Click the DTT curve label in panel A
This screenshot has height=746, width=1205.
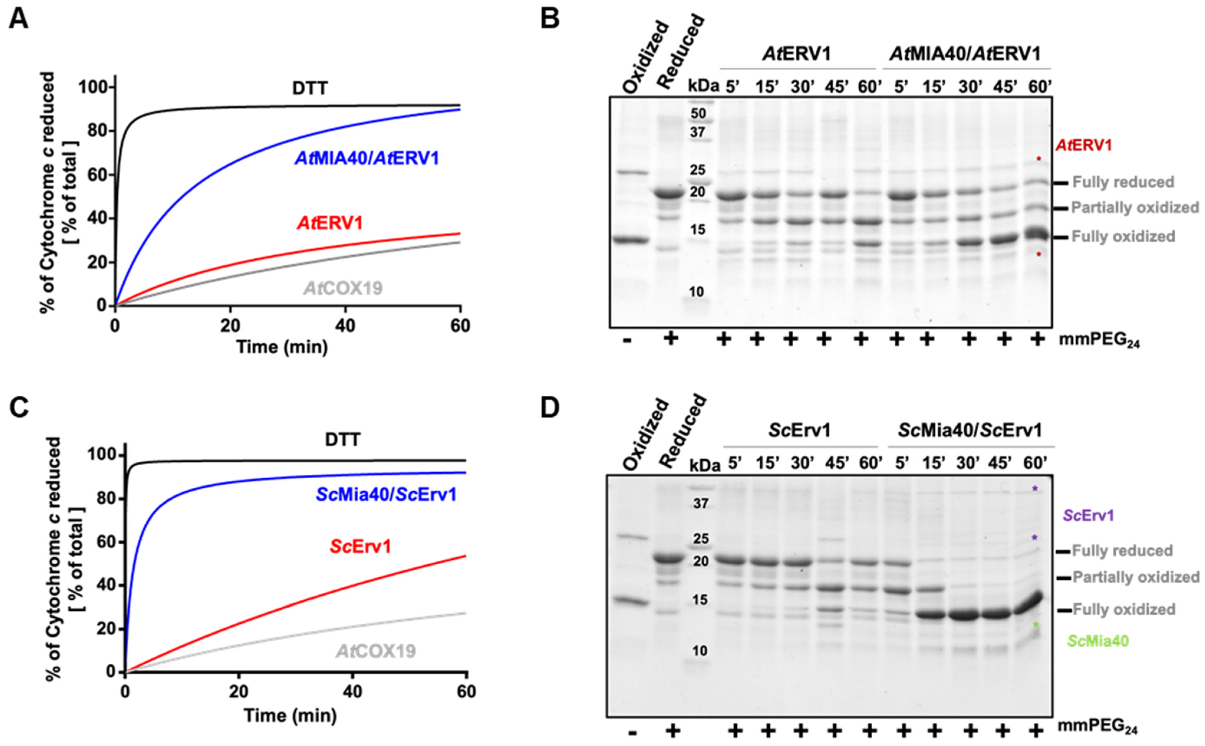click(310, 89)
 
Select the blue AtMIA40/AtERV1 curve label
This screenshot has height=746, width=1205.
click(367, 158)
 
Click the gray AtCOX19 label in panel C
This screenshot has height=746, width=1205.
click(376, 651)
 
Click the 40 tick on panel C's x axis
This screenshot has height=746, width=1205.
click(352, 692)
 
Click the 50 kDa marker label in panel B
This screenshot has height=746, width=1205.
click(698, 114)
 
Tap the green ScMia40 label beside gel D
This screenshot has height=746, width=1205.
click(1098, 641)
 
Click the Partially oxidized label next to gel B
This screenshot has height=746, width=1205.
click(1135, 208)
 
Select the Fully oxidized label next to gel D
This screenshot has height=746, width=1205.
click(1124, 610)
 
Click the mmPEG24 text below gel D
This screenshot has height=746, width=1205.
click(1099, 726)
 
